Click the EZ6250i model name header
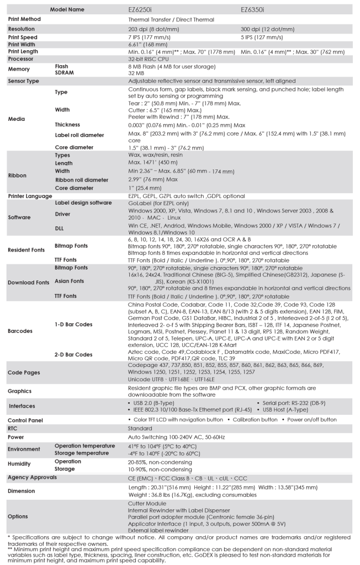click(x=141, y=9)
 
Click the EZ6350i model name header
click(x=253, y=9)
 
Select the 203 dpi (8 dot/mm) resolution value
click(x=152, y=29)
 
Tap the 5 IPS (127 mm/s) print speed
click(x=262, y=37)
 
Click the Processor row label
click(x=20, y=58)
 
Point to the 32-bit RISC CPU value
click(x=146, y=58)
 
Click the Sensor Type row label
click(x=23, y=81)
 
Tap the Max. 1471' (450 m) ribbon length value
click(x=149, y=163)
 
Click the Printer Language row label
click(x=30, y=196)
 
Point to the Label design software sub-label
click(x=83, y=203)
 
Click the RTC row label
click(x=13, y=428)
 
